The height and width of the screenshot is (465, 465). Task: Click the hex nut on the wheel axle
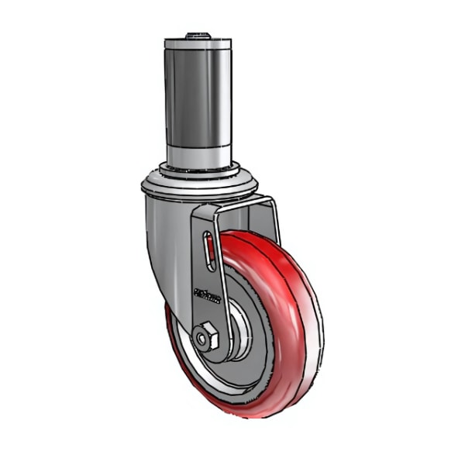pos(205,338)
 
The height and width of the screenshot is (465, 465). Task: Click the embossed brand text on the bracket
pos(207,295)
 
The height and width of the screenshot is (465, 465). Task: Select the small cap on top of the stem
pos(198,35)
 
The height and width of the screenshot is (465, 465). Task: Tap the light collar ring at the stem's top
pos(198,45)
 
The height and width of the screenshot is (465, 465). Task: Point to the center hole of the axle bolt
pos(203,338)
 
